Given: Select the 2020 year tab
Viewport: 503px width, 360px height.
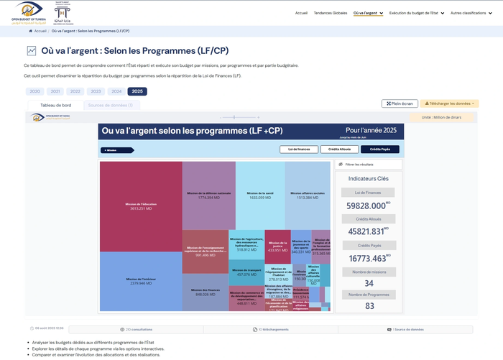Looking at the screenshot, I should point(34,91).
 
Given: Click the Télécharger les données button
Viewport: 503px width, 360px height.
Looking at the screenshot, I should point(449,103).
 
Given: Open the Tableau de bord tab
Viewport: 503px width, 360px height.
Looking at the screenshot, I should point(55,105).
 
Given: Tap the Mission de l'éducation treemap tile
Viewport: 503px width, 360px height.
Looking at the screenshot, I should point(140,206).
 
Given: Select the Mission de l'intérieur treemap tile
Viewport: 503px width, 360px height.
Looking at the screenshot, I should point(140,282).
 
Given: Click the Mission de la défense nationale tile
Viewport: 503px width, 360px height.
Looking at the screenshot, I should point(208,195).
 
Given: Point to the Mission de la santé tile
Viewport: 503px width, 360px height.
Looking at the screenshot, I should point(260,195).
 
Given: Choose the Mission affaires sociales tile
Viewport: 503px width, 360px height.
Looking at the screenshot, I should point(308,195).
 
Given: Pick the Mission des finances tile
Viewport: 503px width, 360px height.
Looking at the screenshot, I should point(205,292).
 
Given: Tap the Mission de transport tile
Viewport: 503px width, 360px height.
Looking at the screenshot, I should point(246,272).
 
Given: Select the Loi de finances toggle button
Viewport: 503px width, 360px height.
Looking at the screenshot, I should point(298,149).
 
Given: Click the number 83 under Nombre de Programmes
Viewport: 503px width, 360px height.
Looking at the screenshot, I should point(369,306).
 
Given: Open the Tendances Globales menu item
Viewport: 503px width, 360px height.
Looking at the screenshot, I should point(331,13).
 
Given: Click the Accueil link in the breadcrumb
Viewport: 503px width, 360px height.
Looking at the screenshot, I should point(40,32).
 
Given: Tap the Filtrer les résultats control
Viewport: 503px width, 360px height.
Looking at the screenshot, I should point(369,165).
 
